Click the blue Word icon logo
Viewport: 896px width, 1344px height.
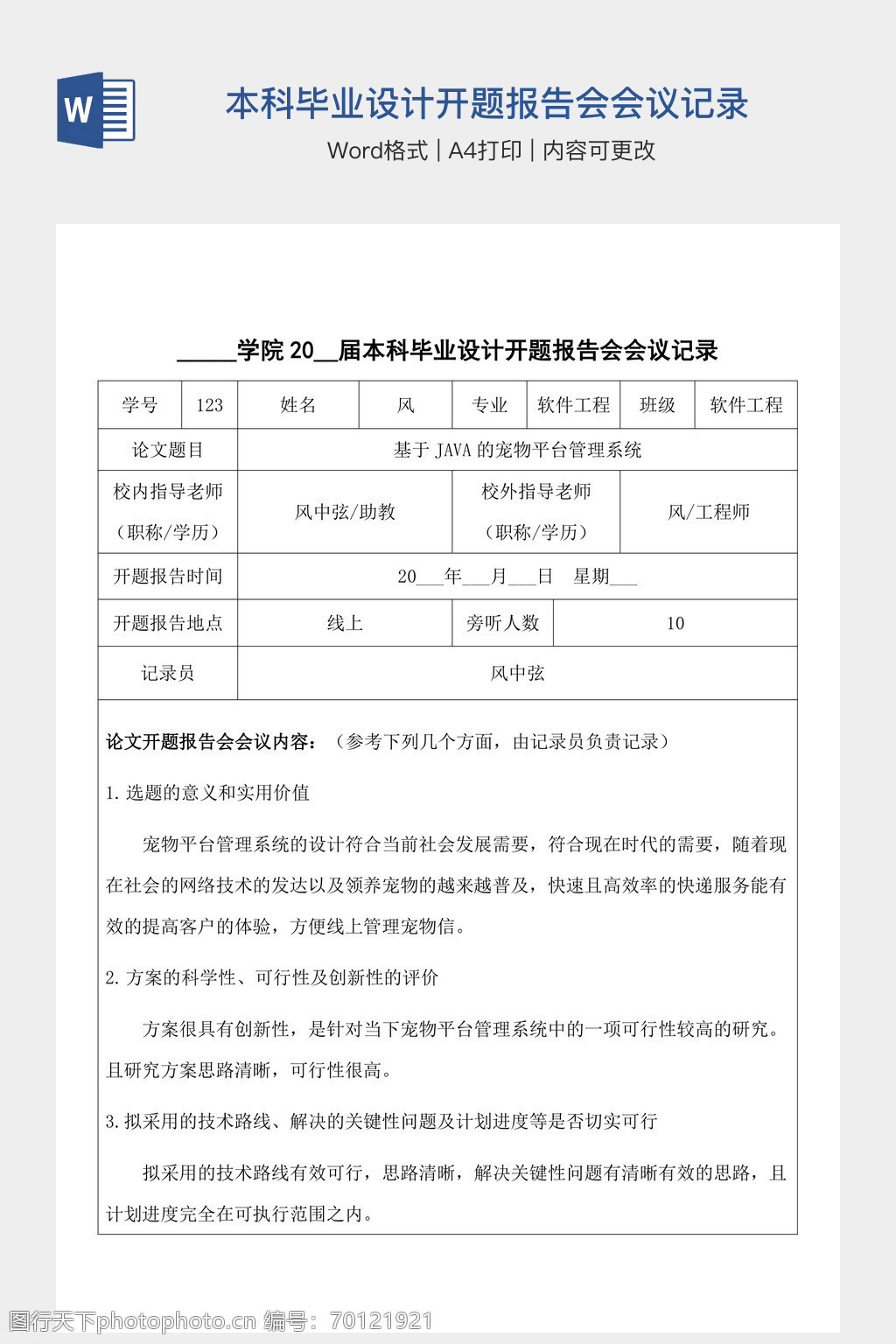tap(96, 109)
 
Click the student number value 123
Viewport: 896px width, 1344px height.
tap(210, 405)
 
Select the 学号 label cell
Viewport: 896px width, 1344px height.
tap(140, 405)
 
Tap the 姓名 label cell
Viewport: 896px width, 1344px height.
tap(297, 405)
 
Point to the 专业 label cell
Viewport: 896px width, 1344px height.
tap(489, 405)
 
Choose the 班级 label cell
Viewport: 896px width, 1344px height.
tap(657, 405)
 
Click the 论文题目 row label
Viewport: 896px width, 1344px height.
tap(167, 450)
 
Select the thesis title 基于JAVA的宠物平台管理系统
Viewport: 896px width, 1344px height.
tap(517, 450)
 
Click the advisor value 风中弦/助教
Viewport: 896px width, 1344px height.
tap(345, 512)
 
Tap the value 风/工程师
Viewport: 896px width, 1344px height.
tap(709, 512)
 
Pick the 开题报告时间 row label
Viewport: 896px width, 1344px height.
tap(167, 577)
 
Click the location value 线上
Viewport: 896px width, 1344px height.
tap(345, 623)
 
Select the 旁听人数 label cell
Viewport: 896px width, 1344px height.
tap(503, 623)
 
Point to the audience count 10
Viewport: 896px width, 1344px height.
tap(675, 623)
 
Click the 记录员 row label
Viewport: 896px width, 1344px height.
tap(167, 673)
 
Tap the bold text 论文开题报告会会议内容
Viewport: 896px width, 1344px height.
tap(210, 742)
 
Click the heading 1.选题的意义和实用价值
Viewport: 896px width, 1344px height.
tap(208, 793)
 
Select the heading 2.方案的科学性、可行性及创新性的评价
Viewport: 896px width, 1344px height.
tap(272, 977)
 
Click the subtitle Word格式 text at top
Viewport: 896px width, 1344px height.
tap(378, 150)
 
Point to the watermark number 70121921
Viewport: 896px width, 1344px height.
tap(380, 1321)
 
